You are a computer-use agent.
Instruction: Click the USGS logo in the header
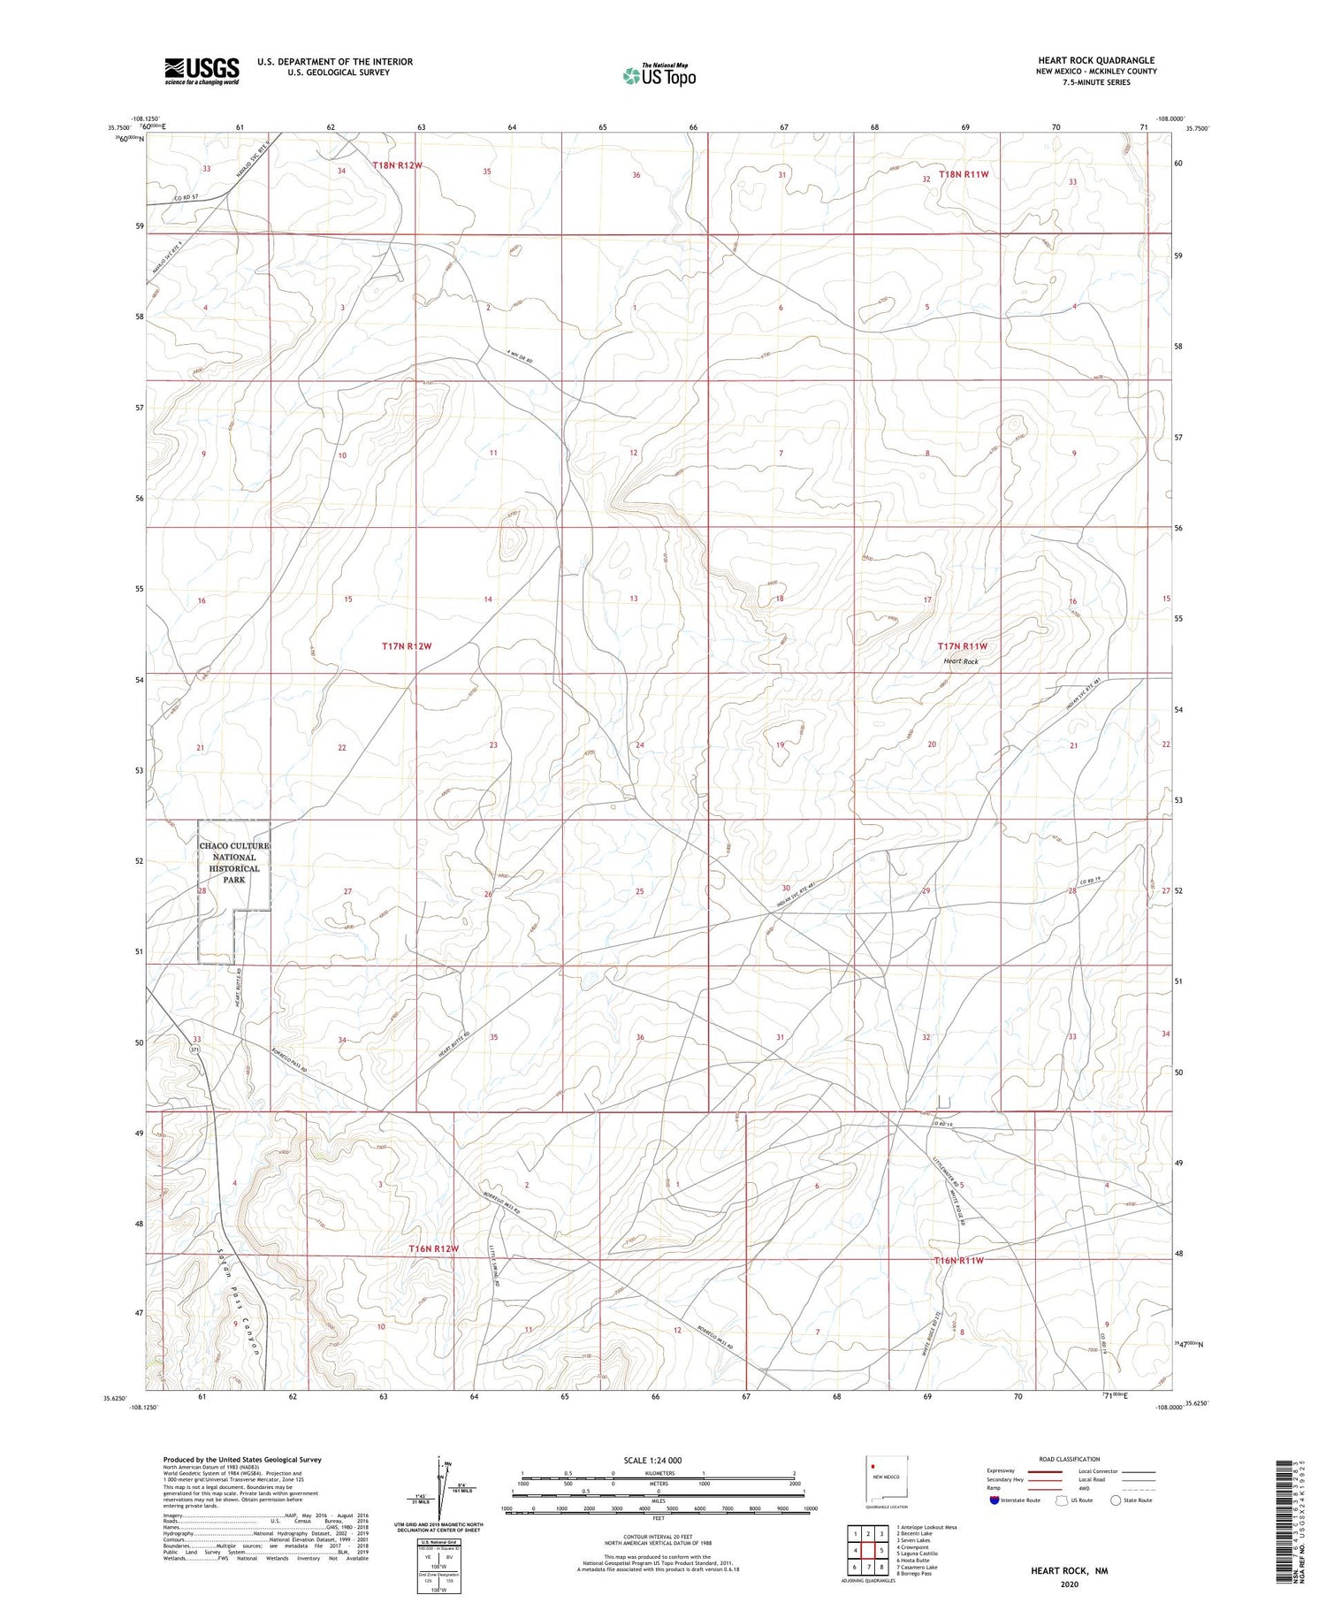point(202,71)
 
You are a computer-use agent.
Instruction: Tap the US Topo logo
point(659,76)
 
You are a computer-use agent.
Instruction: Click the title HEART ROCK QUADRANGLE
point(1096,60)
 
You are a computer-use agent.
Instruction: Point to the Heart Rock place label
point(960,661)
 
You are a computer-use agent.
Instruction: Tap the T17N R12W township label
point(407,646)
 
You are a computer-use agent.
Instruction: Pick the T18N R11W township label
point(964,174)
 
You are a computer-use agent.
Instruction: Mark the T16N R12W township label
point(434,1248)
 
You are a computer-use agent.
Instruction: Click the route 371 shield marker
point(194,1049)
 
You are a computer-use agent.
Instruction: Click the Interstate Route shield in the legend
point(994,1500)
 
